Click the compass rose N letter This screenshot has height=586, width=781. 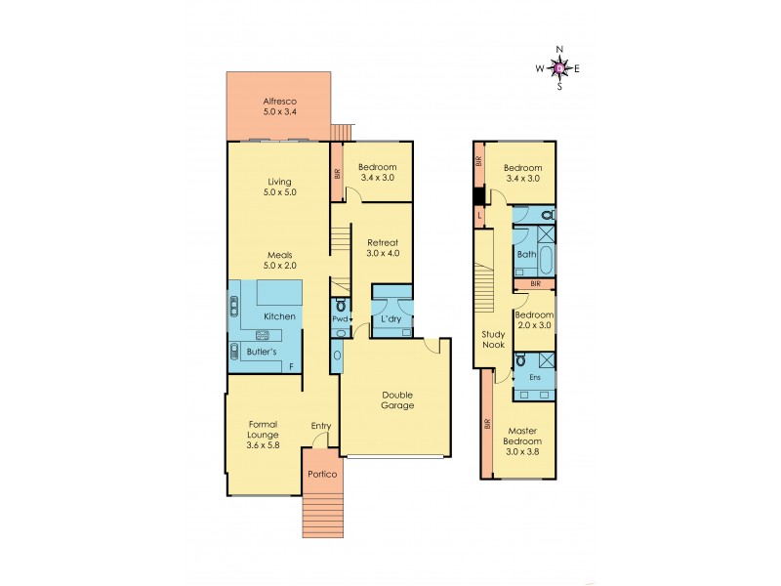click(x=559, y=49)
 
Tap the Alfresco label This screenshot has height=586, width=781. click(x=279, y=102)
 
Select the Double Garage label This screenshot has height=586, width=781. click(x=397, y=399)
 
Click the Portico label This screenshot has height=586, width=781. click(x=321, y=474)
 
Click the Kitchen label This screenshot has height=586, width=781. click(x=279, y=317)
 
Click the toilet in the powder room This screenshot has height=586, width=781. click(x=340, y=306)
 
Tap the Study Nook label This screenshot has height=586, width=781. click(x=493, y=339)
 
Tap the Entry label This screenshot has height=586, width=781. click(x=320, y=426)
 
